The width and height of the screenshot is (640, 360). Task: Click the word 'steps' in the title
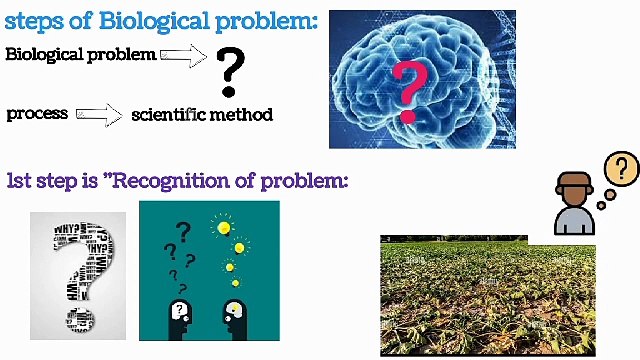coord(32,21)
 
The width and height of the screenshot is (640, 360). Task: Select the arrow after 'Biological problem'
coord(183,55)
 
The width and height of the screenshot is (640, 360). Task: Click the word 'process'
coord(37,113)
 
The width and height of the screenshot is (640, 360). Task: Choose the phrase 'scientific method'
coord(202,114)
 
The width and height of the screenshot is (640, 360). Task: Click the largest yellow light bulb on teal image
coord(224,228)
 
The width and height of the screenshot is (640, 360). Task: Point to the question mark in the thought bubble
coord(622,168)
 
